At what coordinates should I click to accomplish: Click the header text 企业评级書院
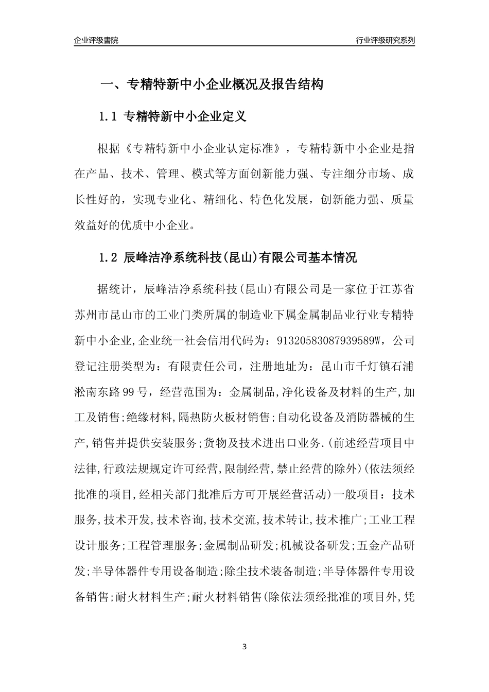(x=96, y=40)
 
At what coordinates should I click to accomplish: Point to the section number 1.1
(x=108, y=117)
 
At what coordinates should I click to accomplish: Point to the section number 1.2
(x=108, y=258)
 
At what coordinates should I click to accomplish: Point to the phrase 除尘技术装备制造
(x=270, y=572)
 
